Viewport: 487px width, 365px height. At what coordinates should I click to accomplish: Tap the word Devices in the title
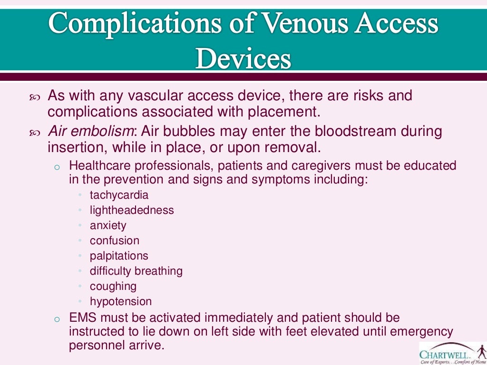pos(243,59)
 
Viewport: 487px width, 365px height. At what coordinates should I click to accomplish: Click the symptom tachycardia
pos(119,195)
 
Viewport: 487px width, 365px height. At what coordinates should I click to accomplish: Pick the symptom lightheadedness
pos(132,210)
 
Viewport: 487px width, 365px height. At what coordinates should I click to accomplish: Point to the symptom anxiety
pos(108,225)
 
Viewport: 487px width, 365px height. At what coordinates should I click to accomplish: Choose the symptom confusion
pos(115,240)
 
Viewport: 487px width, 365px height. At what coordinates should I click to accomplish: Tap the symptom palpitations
pos(119,256)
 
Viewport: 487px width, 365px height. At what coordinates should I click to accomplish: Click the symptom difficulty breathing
pos(136,271)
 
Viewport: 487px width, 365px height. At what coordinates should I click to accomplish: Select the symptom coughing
pos(113,286)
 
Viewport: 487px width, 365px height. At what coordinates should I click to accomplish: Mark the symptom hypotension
pos(121,301)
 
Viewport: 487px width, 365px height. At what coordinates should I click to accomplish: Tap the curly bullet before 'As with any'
pos(35,97)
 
